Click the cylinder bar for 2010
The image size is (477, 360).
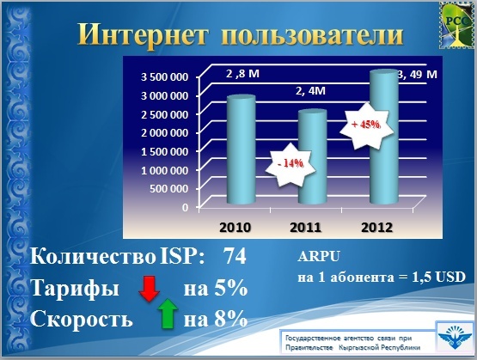point(242,149)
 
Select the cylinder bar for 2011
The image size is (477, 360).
point(313,156)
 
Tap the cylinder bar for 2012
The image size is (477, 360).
point(384,137)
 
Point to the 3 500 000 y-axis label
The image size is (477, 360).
point(164,77)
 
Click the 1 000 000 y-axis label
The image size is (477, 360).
point(164,170)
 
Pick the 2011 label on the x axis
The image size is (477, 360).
point(306,228)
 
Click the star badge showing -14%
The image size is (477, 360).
point(290,164)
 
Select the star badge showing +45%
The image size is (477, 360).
point(366,125)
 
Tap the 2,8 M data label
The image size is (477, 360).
point(242,74)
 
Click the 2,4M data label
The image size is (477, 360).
point(310,90)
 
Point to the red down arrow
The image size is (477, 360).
point(149,288)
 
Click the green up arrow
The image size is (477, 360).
point(168,314)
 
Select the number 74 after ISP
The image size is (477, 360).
point(235,256)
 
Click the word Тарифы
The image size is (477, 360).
point(75,289)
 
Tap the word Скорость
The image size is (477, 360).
point(82,319)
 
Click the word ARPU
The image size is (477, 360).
point(319,257)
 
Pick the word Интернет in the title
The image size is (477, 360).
point(144,34)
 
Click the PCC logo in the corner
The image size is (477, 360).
point(457,25)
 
